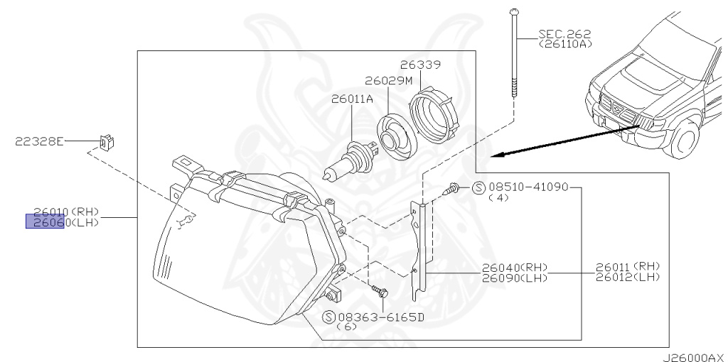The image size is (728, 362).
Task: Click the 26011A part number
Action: pyautogui.click(x=351, y=99)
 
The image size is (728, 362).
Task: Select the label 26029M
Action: pyautogui.click(x=388, y=81)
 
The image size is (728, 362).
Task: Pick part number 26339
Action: pyautogui.click(x=420, y=65)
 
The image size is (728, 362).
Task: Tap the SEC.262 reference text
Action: pyautogui.click(x=564, y=33)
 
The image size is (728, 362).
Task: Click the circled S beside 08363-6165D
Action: pyautogui.click(x=328, y=316)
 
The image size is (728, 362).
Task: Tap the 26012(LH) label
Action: pyautogui.click(x=628, y=276)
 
